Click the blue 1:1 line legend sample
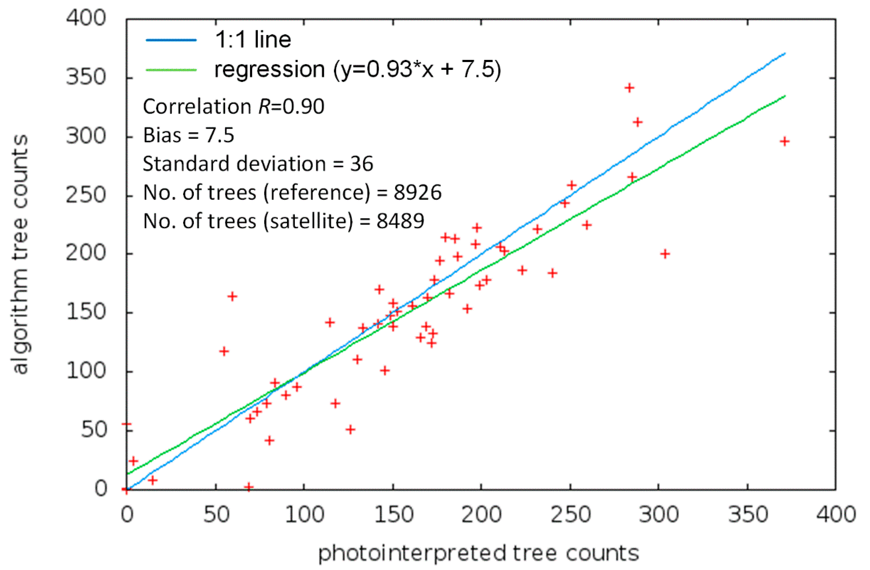(x=171, y=40)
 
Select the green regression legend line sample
(x=171, y=69)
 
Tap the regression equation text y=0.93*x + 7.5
(x=417, y=69)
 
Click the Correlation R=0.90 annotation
(x=233, y=107)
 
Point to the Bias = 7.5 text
(x=188, y=135)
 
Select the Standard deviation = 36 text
(x=258, y=164)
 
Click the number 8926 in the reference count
(x=417, y=193)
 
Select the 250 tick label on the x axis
(x=570, y=515)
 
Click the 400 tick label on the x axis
(x=836, y=515)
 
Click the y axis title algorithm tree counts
(x=20, y=254)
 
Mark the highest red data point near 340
(x=629, y=88)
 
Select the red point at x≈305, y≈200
(x=665, y=254)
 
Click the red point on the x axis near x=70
(x=249, y=487)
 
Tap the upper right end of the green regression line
(x=784, y=96)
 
